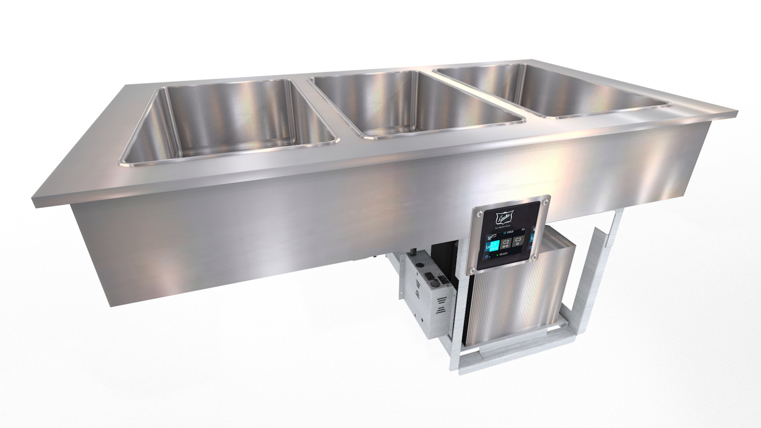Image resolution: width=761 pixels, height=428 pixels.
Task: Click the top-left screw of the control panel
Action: coord(480,213)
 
